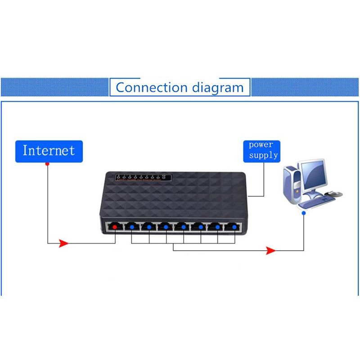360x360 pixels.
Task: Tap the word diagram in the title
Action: tap(217, 88)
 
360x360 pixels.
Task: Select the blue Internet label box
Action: tap(49, 150)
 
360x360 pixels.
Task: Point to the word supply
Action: tap(264, 156)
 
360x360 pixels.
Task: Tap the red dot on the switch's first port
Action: tap(115, 227)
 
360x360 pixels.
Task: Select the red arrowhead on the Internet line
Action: tap(63, 243)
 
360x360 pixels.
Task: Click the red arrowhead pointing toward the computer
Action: tap(270, 250)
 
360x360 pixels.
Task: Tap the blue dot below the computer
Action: tap(304, 213)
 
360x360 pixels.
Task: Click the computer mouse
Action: tap(332, 193)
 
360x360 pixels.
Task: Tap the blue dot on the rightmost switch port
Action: tap(234, 227)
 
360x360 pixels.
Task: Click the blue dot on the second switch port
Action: tap(132, 227)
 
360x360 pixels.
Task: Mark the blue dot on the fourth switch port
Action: tap(166, 227)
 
